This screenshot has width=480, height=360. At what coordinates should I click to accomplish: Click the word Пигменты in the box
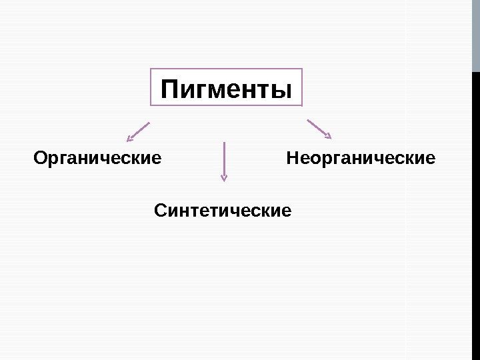(x=227, y=89)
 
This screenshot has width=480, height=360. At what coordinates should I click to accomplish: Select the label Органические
(x=97, y=159)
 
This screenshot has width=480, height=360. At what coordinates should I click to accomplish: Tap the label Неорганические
(x=360, y=159)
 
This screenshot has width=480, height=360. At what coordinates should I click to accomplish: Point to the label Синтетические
(x=223, y=211)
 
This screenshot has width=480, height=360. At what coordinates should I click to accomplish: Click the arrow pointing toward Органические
(x=139, y=131)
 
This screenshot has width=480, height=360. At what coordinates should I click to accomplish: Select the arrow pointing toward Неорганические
(x=319, y=129)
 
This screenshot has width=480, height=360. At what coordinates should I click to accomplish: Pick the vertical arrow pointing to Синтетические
(x=224, y=160)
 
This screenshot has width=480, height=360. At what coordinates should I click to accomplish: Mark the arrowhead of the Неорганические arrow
(x=327, y=135)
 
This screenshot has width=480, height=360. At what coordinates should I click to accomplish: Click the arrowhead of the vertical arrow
(x=224, y=177)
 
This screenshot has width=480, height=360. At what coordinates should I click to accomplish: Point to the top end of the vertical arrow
(x=224, y=143)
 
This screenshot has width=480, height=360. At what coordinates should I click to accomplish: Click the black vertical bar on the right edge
(x=476, y=213)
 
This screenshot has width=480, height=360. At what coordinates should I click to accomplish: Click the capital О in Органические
(x=40, y=159)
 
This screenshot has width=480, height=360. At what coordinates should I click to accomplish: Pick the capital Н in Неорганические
(x=292, y=159)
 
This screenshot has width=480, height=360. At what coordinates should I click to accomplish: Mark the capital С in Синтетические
(x=160, y=211)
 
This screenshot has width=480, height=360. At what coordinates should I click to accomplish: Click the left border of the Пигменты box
(x=151, y=87)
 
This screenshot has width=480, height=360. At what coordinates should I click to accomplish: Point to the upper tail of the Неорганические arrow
(x=309, y=121)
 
